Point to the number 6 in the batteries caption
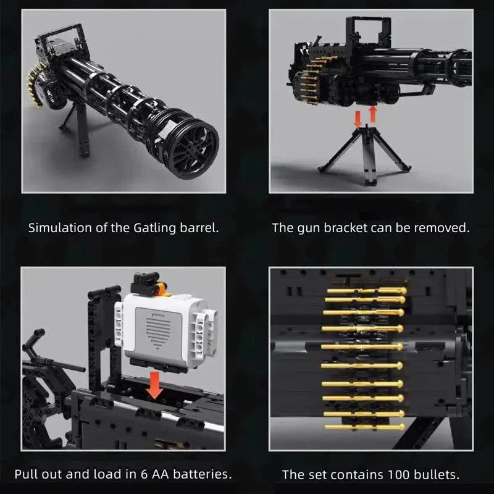coord(139,474)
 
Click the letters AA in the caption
coord(155,474)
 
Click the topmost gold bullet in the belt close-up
coord(366,290)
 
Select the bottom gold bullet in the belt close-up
coord(364,427)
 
